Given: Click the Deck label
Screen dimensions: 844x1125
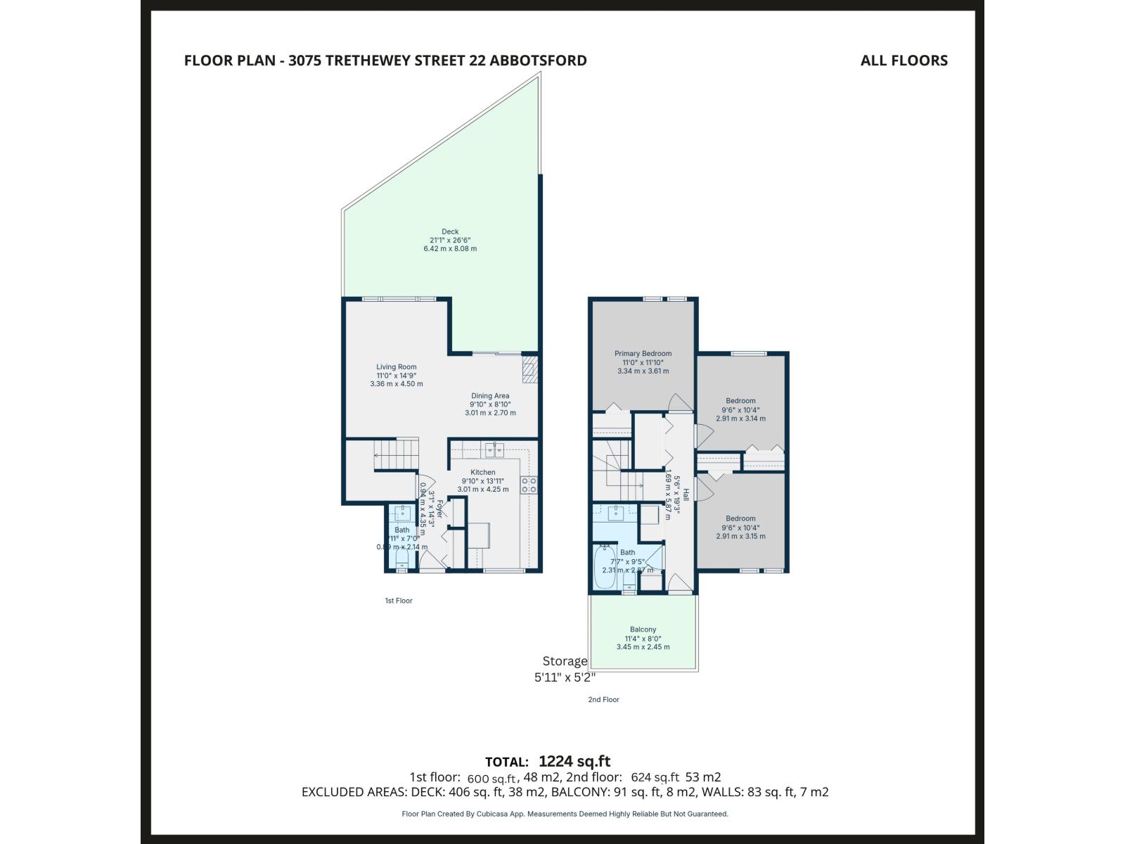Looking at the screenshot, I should tap(450, 232).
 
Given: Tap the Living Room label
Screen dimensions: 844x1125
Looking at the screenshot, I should tap(397, 366).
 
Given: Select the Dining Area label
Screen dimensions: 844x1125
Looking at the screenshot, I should tap(490, 396).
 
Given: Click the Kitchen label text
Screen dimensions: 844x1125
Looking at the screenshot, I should tap(483, 473).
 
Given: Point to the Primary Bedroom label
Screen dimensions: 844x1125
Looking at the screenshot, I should tap(643, 354).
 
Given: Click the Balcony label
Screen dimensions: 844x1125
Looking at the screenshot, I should tap(643, 629).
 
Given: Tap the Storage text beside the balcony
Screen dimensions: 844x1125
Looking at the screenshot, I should tap(565, 661).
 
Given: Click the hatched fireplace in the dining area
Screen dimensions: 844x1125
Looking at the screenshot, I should tap(529, 369).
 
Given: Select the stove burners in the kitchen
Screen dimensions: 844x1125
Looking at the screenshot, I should tap(529, 484).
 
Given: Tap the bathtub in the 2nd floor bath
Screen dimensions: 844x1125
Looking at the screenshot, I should tap(604, 568).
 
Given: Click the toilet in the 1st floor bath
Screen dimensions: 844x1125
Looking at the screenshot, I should tap(401, 559).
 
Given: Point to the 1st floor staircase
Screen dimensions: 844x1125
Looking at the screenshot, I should tap(396, 454).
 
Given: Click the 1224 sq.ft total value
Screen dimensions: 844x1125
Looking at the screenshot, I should tap(574, 761).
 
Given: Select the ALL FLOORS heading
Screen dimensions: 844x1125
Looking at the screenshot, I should tap(904, 60).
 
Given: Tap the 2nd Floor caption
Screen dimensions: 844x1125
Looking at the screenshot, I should tap(603, 700).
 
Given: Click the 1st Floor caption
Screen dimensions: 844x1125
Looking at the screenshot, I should tap(399, 601).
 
